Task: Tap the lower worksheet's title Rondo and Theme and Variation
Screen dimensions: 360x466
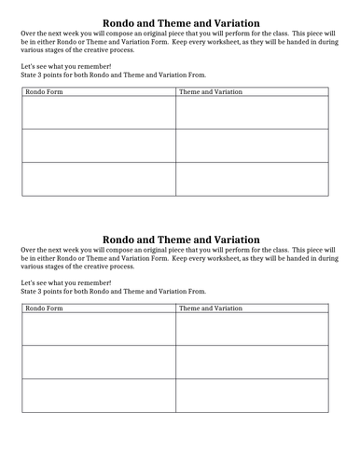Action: [x=180, y=240]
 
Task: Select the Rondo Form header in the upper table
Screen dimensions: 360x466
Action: [x=41, y=92]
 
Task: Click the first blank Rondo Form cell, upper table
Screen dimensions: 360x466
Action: [x=97, y=113]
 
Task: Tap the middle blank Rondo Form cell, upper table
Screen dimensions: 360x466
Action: [x=97, y=145]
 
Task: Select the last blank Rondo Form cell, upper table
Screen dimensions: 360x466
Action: [x=97, y=179]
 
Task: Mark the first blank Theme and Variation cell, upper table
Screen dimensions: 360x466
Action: [x=252, y=113]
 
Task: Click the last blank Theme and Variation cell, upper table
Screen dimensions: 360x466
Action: [x=252, y=179]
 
